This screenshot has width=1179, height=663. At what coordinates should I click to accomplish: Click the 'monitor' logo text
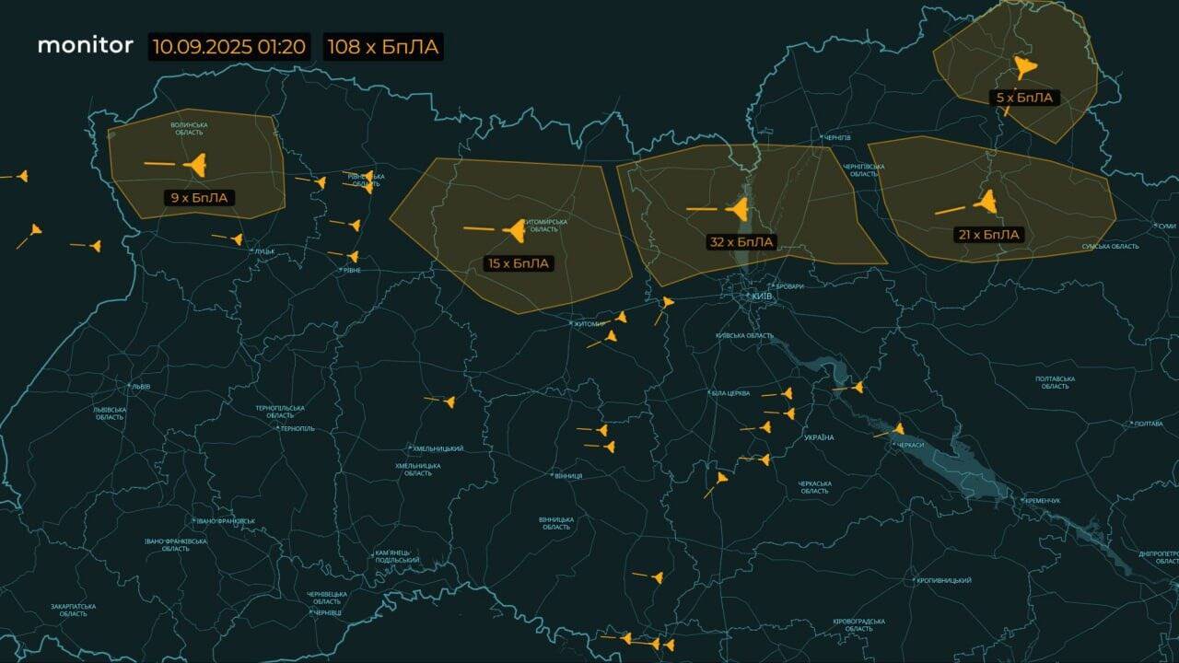(85, 45)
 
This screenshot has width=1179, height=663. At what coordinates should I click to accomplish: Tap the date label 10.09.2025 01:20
(229, 47)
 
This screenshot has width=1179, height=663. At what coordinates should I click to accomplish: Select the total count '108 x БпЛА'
(383, 47)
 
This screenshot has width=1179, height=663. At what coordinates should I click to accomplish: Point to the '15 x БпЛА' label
(519, 263)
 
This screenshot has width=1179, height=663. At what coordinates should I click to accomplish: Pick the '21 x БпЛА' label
(989, 235)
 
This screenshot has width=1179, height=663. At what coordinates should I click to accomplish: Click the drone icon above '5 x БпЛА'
(1024, 66)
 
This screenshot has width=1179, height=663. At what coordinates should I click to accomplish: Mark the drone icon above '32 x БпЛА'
(739, 209)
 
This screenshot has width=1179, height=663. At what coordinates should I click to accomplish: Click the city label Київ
(764, 297)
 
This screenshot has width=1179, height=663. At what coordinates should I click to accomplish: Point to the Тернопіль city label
(298, 428)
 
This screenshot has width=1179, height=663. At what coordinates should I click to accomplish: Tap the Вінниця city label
(568, 476)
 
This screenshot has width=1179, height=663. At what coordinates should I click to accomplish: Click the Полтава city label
(1148, 424)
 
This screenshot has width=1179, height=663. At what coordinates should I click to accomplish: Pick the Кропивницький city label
(945, 580)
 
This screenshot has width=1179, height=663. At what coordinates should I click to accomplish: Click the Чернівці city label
(327, 612)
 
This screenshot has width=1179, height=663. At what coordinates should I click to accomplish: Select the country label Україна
(818, 437)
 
